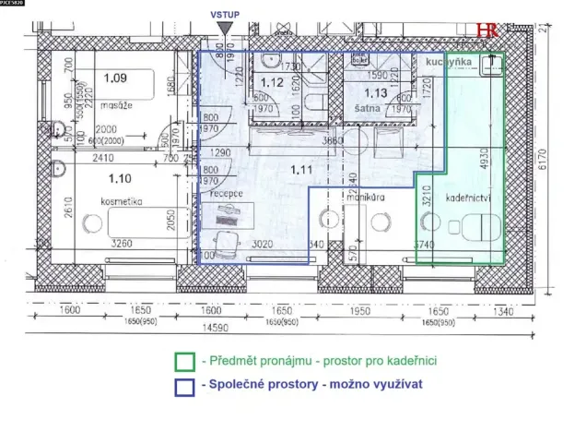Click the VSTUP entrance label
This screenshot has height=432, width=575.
click(225, 16)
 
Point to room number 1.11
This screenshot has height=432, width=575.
click(302, 169)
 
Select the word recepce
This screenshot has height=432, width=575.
click(226, 195)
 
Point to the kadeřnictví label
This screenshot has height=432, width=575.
click(466, 199)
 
